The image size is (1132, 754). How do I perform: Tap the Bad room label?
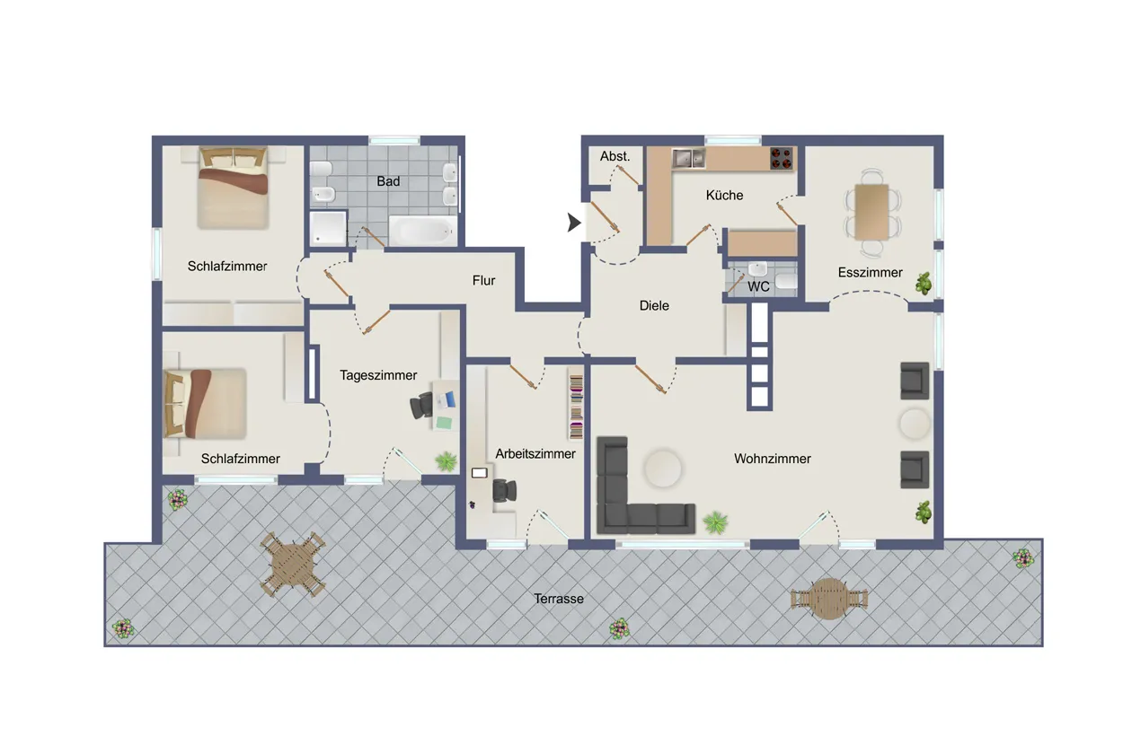pos(388,181)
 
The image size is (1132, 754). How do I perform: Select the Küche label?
pos(724,196)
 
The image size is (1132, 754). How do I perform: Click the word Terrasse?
pos(559,599)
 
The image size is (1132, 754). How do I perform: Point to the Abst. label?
pos(615,156)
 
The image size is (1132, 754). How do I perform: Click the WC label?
pos(758,287)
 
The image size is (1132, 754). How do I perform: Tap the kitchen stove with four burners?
pos(782,158)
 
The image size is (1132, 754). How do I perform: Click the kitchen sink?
pos(688,159)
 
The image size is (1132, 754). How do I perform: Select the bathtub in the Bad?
pos(422,232)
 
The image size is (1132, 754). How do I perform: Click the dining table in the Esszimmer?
pos(871,212)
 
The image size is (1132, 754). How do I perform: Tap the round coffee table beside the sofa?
pos(662,469)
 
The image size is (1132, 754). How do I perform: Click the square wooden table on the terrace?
pos(293,564)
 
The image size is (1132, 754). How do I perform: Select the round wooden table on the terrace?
pos(828,599)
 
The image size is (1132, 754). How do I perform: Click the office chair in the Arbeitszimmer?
pos(504,490)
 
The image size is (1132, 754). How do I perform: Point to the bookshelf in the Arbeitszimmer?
pos(576,406)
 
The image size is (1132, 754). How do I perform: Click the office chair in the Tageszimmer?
pos(421,407)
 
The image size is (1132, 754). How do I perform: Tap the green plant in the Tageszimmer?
pos(447,461)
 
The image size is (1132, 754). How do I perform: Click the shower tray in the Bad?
pos(328,228)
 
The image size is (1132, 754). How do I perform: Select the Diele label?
pos(654,305)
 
